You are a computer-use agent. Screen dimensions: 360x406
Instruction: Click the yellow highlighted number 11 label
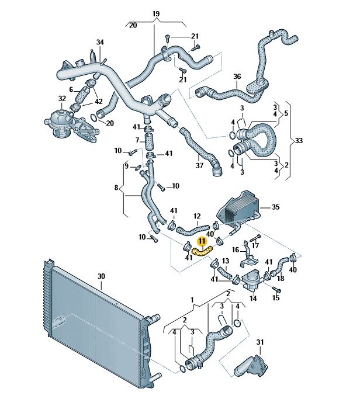[x=202, y=242]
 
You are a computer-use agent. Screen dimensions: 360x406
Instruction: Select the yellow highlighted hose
[x=202, y=251]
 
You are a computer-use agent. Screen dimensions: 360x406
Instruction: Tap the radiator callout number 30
[x=101, y=276]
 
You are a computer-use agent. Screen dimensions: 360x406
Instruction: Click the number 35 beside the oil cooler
[x=276, y=207]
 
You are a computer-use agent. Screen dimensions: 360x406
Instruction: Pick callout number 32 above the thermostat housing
[x=62, y=98]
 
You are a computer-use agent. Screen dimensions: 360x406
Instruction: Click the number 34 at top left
[x=100, y=42]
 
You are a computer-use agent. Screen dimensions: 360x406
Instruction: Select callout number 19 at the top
[x=156, y=13]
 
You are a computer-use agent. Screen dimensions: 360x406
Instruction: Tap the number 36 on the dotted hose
[x=237, y=77]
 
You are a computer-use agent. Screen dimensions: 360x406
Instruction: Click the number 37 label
[x=199, y=165]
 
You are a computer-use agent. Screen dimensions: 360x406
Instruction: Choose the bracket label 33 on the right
[x=299, y=141]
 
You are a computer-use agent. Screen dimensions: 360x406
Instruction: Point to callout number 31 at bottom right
[x=259, y=342]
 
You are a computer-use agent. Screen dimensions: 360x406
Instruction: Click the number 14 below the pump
[x=253, y=299]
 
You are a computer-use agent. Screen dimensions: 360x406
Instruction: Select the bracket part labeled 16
[x=249, y=256]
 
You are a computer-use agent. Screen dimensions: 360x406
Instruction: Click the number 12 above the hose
[x=197, y=216]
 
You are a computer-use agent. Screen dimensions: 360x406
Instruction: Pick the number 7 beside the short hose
[x=137, y=140]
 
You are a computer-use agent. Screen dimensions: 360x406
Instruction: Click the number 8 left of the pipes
[x=116, y=187]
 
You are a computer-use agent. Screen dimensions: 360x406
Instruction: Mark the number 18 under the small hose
[x=281, y=278]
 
